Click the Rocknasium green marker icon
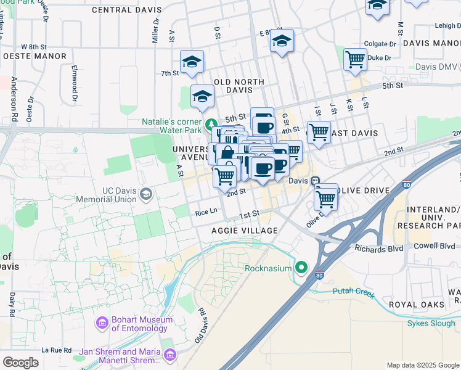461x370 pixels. tap(301, 268)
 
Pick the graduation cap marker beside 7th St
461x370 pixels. tap(192, 62)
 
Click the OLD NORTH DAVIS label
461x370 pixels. tap(239, 86)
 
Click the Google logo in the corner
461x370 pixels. tap(21, 362)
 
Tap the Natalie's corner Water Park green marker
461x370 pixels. tap(211, 123)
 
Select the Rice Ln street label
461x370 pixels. tap(206, 212)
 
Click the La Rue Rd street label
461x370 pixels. tap(57, 350)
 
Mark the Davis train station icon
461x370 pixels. tap(315, 181)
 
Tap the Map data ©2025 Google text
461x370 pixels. tap(423, 365)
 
